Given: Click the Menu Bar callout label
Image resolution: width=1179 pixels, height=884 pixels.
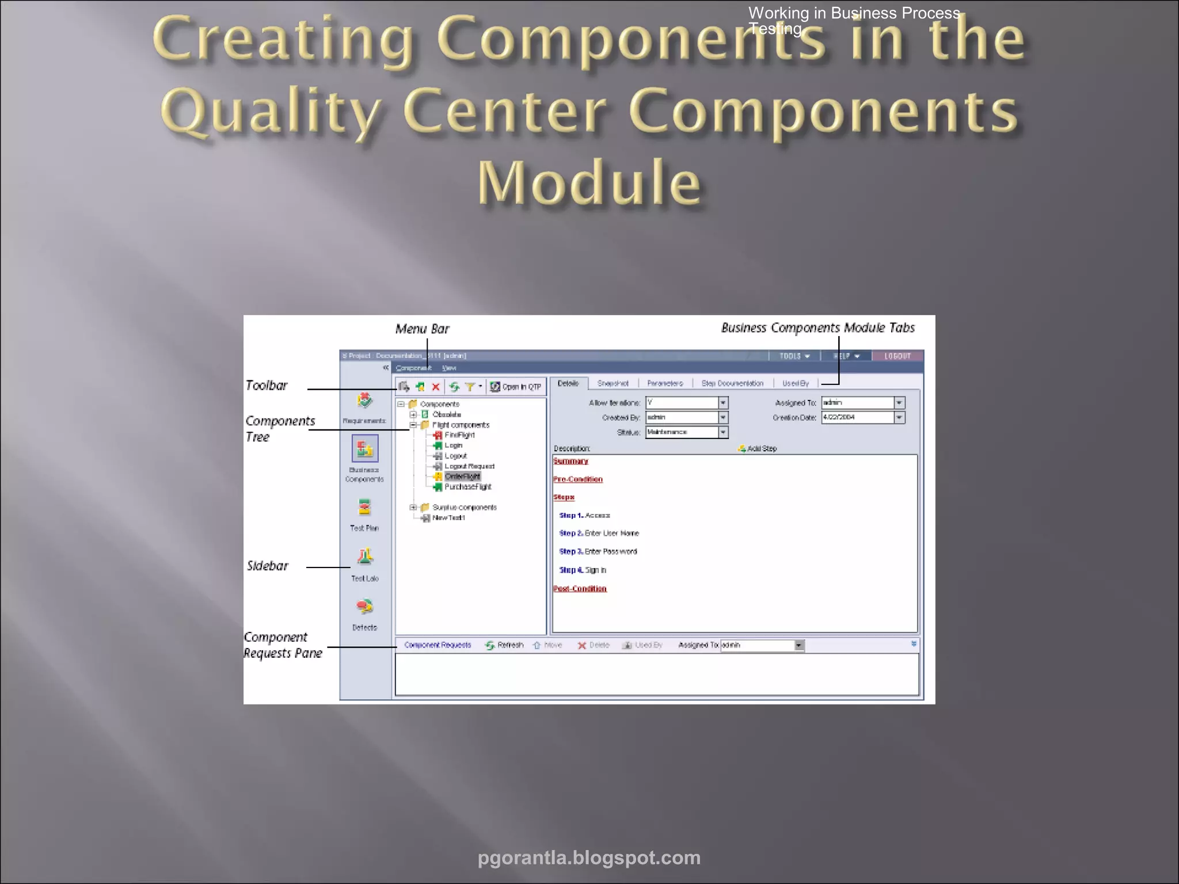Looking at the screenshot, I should (422, 329).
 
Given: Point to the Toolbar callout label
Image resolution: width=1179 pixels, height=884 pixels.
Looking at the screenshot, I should (266, 386).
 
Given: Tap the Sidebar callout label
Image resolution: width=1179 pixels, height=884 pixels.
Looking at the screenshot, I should (268, 566).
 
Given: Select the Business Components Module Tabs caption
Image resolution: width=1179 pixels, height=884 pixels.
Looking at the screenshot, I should (817, 328).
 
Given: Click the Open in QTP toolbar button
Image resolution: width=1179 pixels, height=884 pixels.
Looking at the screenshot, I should (516, 387).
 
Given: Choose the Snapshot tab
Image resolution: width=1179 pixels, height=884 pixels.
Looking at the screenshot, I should (613, 383).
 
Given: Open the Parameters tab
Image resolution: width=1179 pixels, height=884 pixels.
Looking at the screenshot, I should (665, 383).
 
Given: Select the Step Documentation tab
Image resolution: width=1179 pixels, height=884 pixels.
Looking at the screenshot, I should (732, 383).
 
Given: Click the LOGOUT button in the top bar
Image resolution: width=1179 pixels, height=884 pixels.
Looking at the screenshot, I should (897, 356).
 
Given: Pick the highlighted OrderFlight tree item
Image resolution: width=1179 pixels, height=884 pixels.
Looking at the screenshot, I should (462, 477).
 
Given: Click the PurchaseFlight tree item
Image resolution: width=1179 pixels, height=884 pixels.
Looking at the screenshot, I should (467, 487).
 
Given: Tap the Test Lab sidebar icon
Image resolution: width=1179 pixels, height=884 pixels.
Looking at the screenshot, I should (365, 557).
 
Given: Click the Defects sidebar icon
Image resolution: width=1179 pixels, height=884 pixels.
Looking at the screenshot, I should (365, 607).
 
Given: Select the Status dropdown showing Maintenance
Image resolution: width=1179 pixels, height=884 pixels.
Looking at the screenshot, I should (686, 432).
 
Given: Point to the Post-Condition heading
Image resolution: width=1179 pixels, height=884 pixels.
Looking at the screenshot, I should (580, 589).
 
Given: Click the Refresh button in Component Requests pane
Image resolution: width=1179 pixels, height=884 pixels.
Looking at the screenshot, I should (504, 645).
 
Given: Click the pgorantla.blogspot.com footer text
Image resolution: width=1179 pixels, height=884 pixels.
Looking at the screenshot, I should (589, 858).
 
